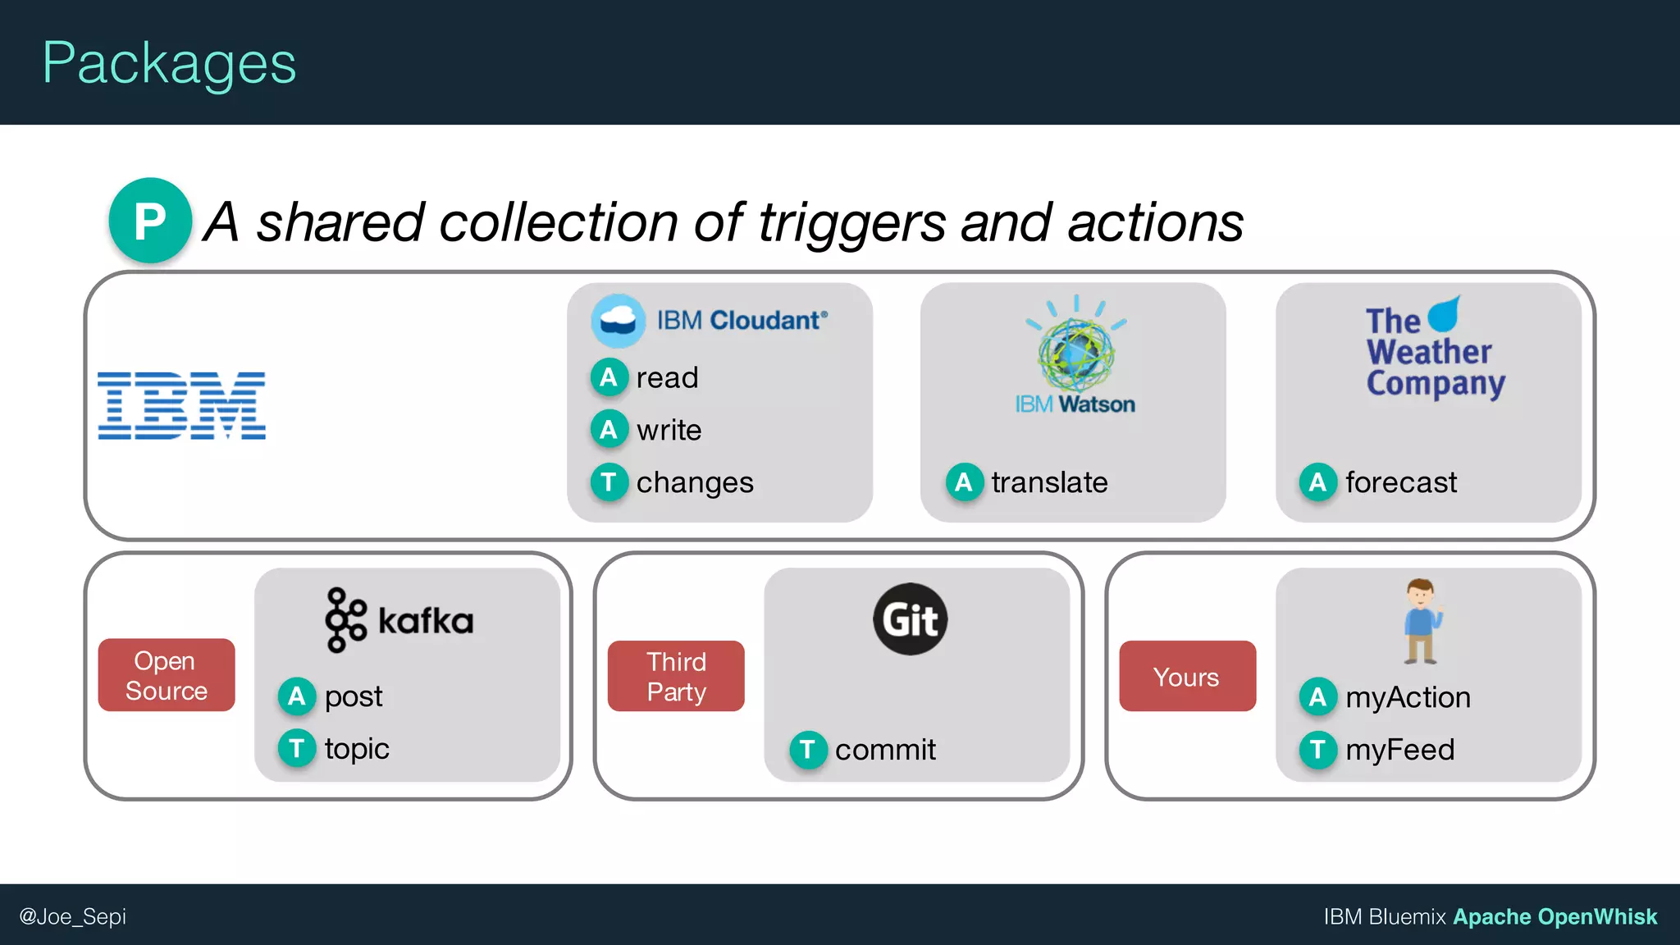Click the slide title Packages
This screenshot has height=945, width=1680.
[169, 64]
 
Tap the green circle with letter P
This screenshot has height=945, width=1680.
[150, 221]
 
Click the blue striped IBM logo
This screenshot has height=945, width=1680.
[181, 405]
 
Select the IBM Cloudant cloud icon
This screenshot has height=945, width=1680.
[618, 320]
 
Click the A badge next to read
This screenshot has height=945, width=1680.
[609, 377]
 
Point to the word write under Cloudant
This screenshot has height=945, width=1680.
[669, 430]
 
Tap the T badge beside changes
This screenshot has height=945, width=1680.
[609, 482]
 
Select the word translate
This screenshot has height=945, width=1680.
[1049, 482]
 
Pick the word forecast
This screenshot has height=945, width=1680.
[1401, 482]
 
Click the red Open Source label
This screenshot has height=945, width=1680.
[167, 675]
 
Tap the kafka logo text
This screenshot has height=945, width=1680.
[425, 621]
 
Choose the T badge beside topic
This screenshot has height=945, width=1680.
[297, 748]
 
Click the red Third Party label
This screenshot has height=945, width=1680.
[676, 676]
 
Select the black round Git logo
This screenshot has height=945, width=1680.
[910, 619]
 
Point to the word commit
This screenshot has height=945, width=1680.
[885, 749]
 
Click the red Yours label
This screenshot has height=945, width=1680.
[1186, 677]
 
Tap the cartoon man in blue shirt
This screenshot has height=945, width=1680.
[1422, 621]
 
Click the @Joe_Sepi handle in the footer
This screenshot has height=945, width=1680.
[73, 916]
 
